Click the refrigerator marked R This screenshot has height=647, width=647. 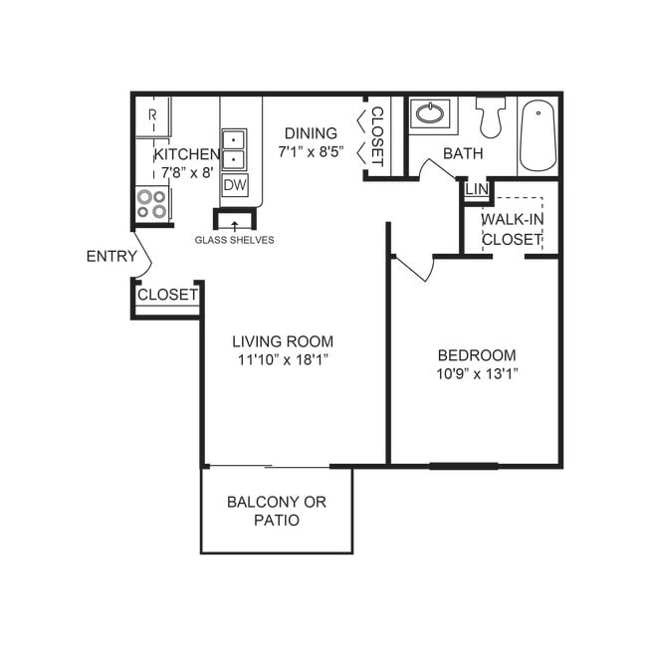click(152, 116)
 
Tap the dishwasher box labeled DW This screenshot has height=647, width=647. click(234, 185)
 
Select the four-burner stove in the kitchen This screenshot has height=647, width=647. click(152, 204)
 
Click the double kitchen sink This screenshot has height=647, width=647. click(233, 149)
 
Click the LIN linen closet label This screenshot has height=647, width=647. click(476, 189)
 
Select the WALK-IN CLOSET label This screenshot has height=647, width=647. click(512, 229)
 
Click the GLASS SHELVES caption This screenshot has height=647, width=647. click(234, 240)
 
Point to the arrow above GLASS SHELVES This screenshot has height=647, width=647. click(235, 225)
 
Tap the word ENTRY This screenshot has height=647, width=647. click(111, 256)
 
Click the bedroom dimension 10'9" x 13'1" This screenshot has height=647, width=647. click(477, 373)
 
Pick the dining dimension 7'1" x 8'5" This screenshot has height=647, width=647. click(312, 152)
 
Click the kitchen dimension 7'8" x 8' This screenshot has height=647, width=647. click(186, 172)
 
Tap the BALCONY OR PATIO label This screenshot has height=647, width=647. click(276, 511)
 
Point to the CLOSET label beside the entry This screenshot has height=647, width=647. click(167, 295)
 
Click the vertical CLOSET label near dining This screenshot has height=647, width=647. click(377, 135)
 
